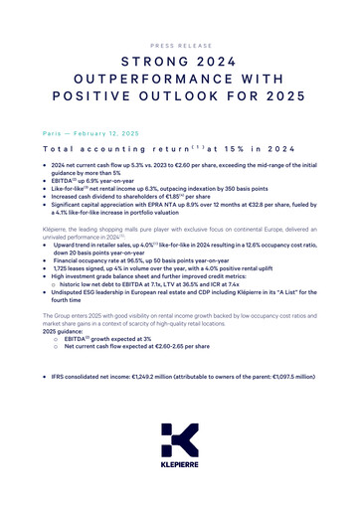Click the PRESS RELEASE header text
(x=179, y=45)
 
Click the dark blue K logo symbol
(x=180, y=440)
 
